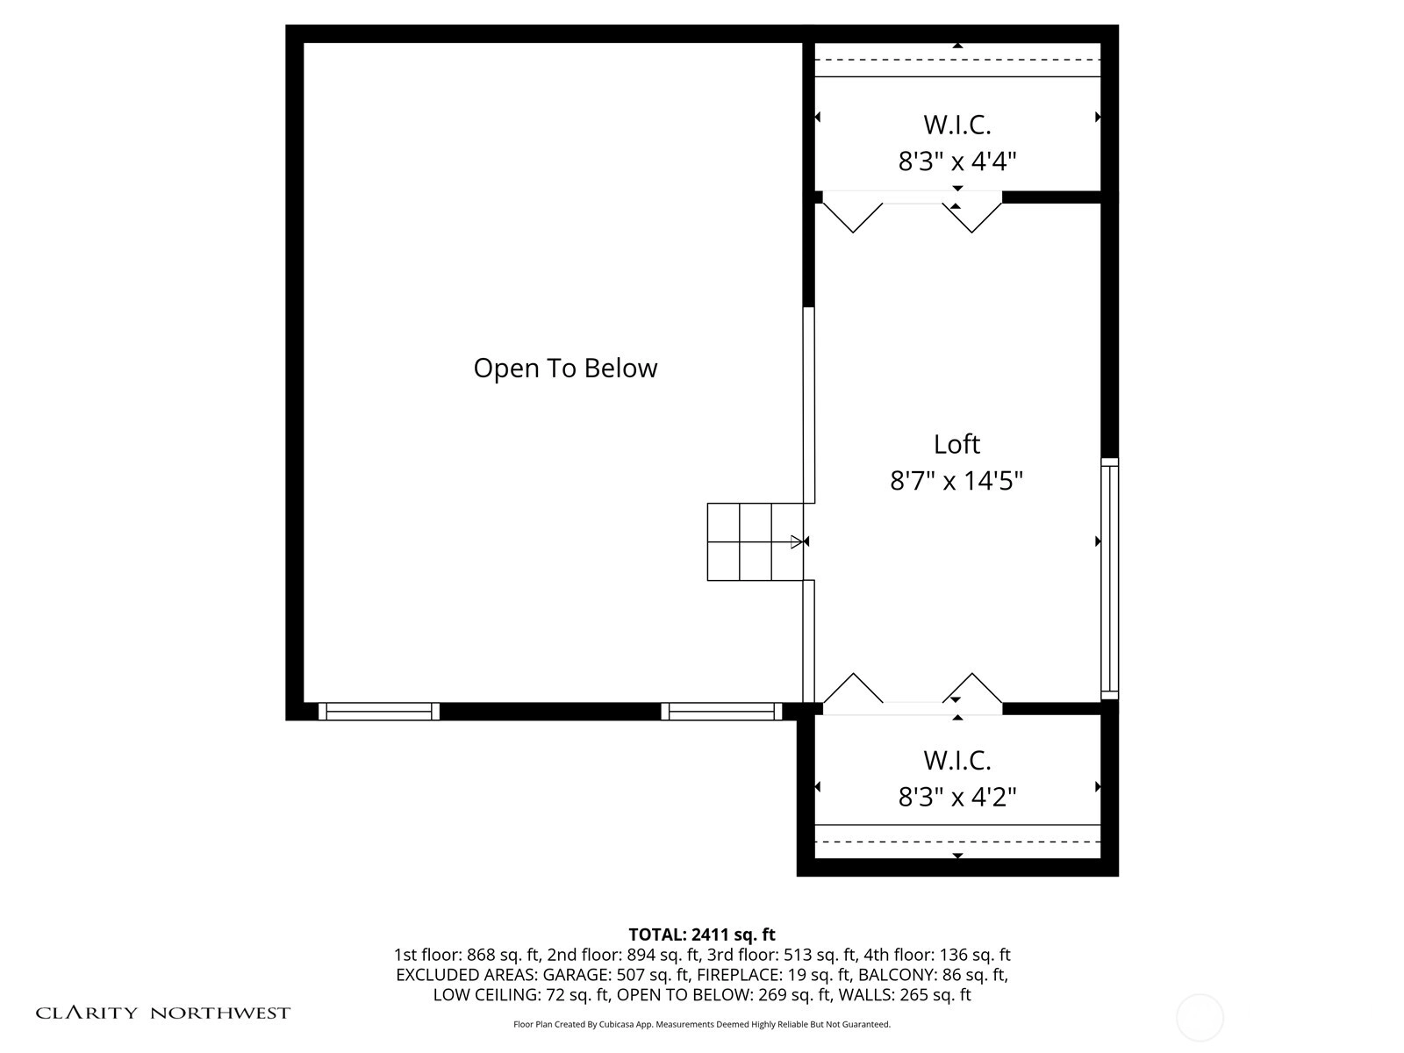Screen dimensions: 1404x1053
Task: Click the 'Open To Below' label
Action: (x=565, y=369)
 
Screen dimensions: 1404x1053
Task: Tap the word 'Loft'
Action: (x=956, y=444)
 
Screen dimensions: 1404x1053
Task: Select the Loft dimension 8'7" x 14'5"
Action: (x=956, y=481)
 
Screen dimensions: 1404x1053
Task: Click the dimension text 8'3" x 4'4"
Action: (x=956, y=161)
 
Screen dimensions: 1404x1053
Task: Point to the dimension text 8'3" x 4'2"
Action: (x=956, y=797)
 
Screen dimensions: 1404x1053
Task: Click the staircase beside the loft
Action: (x=755, y=541)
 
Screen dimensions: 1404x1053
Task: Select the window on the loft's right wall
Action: (x=1109, y=578)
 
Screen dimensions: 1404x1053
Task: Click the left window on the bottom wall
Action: (x=379, y=711)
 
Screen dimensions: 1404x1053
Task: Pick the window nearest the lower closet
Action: (x=721, y=711)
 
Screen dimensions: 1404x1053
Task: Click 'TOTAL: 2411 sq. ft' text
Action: (x=702, y=935)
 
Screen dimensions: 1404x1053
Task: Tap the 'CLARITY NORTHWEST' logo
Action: (x=162, y=1013)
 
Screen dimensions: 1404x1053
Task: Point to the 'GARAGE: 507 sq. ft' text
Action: (x=617, y=974)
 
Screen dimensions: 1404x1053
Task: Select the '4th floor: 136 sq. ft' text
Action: (x=937, y=955)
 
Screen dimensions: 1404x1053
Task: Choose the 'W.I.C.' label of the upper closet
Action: (x=956, y=125)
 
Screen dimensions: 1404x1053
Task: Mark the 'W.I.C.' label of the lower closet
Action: (x=956, y=761)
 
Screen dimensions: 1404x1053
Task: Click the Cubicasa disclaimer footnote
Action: (x=702, y=1024)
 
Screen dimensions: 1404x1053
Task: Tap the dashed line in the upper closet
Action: (x=957, y=60)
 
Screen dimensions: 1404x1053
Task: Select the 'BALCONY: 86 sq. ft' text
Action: (x=933, y=974)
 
